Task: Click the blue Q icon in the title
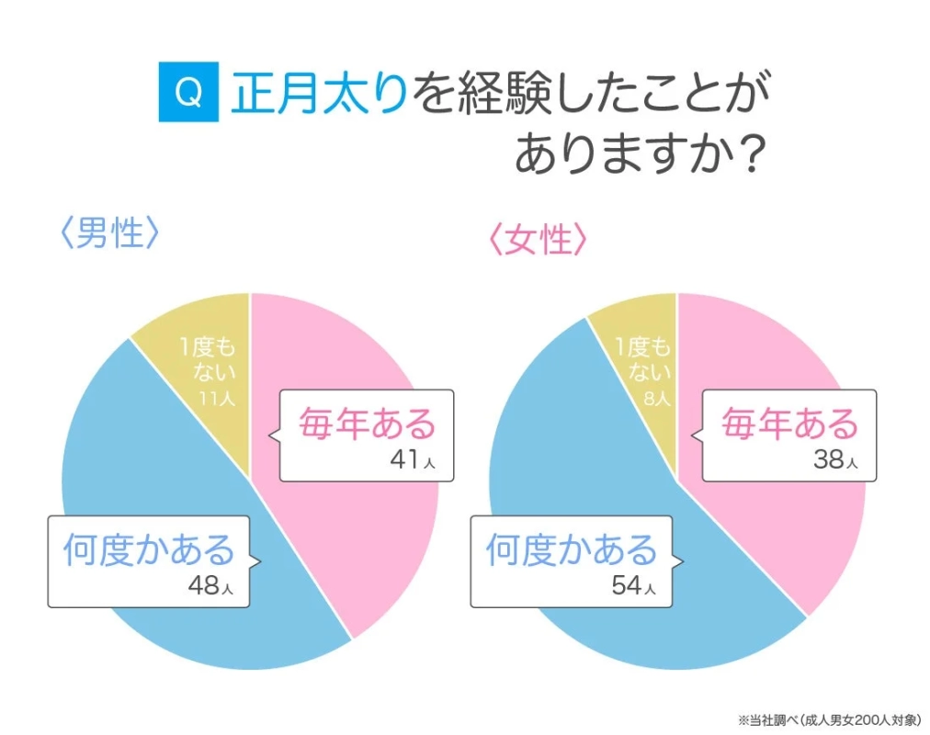click(188, 93)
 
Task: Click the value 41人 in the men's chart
click(411, 460)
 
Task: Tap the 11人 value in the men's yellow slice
click(217, 398)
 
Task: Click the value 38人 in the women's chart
click(834, 460)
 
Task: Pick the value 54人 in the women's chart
click(634, 585)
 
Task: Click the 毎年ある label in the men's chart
click(367, 425)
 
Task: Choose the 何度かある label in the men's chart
click(149, 550)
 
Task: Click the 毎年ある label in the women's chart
click(789, 425)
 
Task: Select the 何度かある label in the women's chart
click(572, 550)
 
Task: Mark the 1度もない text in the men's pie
click(209, 360)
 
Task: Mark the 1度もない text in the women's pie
click(643, 360)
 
